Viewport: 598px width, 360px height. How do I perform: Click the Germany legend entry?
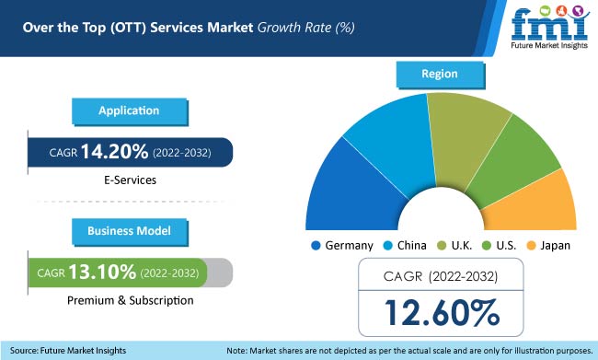pos(341,246)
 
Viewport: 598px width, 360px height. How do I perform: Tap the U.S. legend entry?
pos(500,246)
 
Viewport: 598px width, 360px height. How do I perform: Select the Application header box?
pos(130,110)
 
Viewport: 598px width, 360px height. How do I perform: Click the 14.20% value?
pos(114,153)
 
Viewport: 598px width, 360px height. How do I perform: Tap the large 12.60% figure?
pos(439,313)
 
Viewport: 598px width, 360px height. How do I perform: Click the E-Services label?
pos(130,180)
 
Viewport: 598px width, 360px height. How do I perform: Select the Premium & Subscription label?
pos(130,300)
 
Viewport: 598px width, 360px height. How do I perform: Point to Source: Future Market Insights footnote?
pos(70,350)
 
